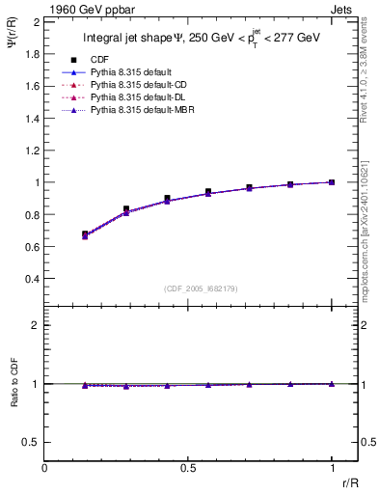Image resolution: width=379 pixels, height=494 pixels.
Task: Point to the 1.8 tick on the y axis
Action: click(x=32, y=54)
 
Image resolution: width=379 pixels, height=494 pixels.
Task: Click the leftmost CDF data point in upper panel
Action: click(x=85, y=233)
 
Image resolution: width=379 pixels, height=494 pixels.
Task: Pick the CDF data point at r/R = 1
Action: click(x=332, y=182)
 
